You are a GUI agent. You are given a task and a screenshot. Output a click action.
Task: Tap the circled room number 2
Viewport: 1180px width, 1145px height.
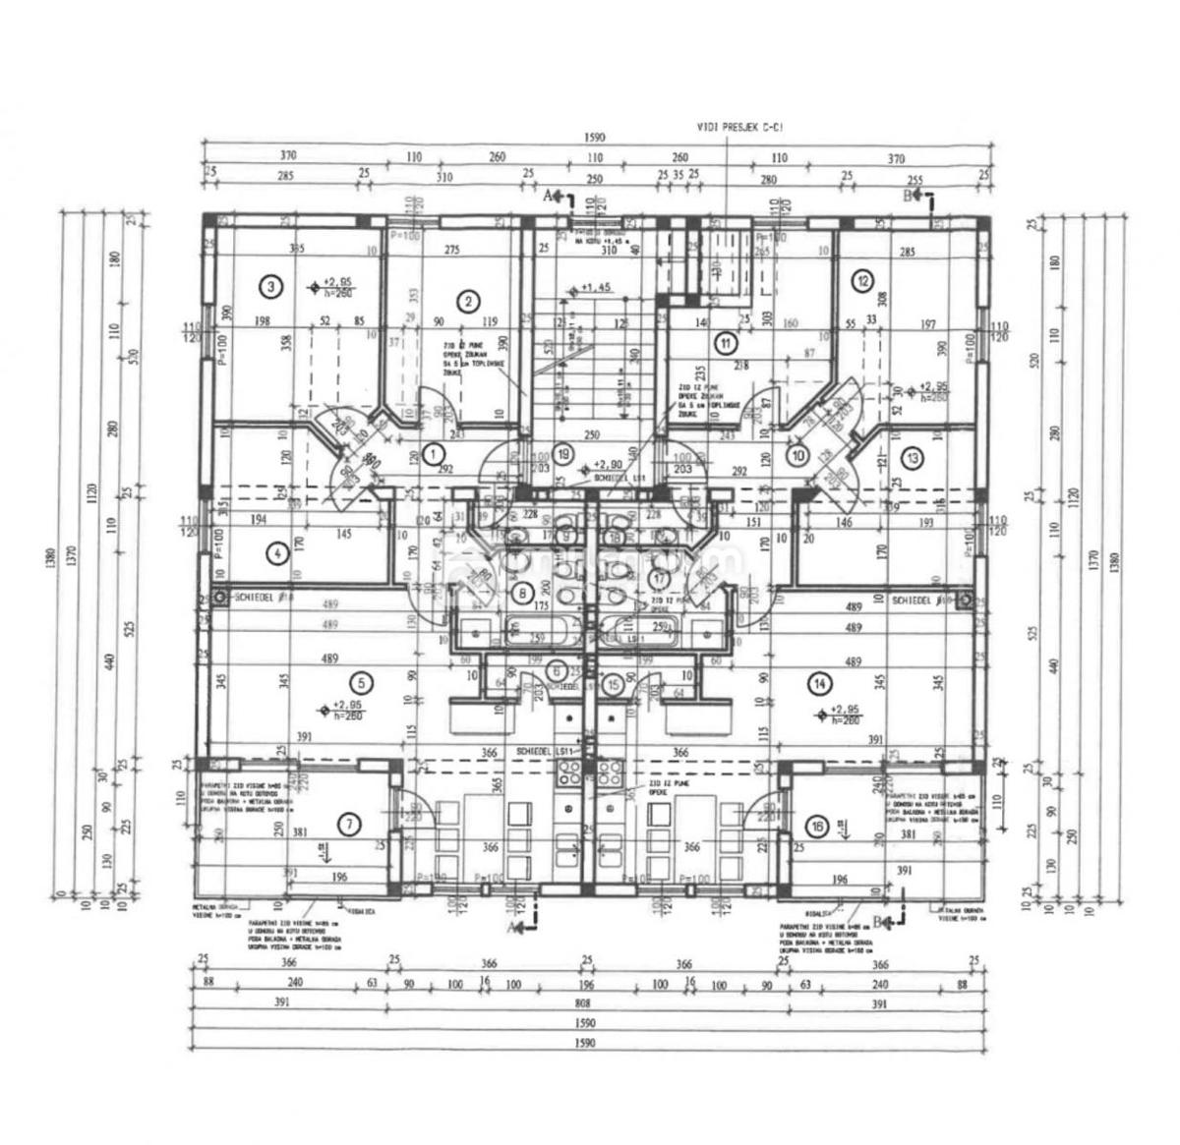pos(469,301)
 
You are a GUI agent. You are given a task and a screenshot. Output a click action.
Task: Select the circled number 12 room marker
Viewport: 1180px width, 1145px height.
pos(863,280)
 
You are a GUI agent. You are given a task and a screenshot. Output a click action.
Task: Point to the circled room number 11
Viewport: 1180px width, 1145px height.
pos(726,343)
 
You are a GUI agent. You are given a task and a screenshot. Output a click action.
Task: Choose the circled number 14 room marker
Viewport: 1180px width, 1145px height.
pos(817,682)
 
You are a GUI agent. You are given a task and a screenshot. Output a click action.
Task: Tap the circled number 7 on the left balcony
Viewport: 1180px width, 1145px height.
pos(347,826)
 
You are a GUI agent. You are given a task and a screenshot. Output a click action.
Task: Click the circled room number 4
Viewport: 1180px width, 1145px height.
pos(279,553)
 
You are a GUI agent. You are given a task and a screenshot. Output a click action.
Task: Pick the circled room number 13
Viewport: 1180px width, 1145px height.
pos(913,456)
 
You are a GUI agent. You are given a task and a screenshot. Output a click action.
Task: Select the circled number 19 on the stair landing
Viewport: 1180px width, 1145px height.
pos(563,454)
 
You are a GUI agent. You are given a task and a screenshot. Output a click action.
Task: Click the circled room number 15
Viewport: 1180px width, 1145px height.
pos(615,684)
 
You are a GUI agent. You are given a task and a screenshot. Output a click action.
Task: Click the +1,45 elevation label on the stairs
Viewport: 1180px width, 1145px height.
pos(595,288)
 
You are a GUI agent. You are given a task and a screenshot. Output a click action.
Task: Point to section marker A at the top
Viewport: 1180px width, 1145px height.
pos(550,196)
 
